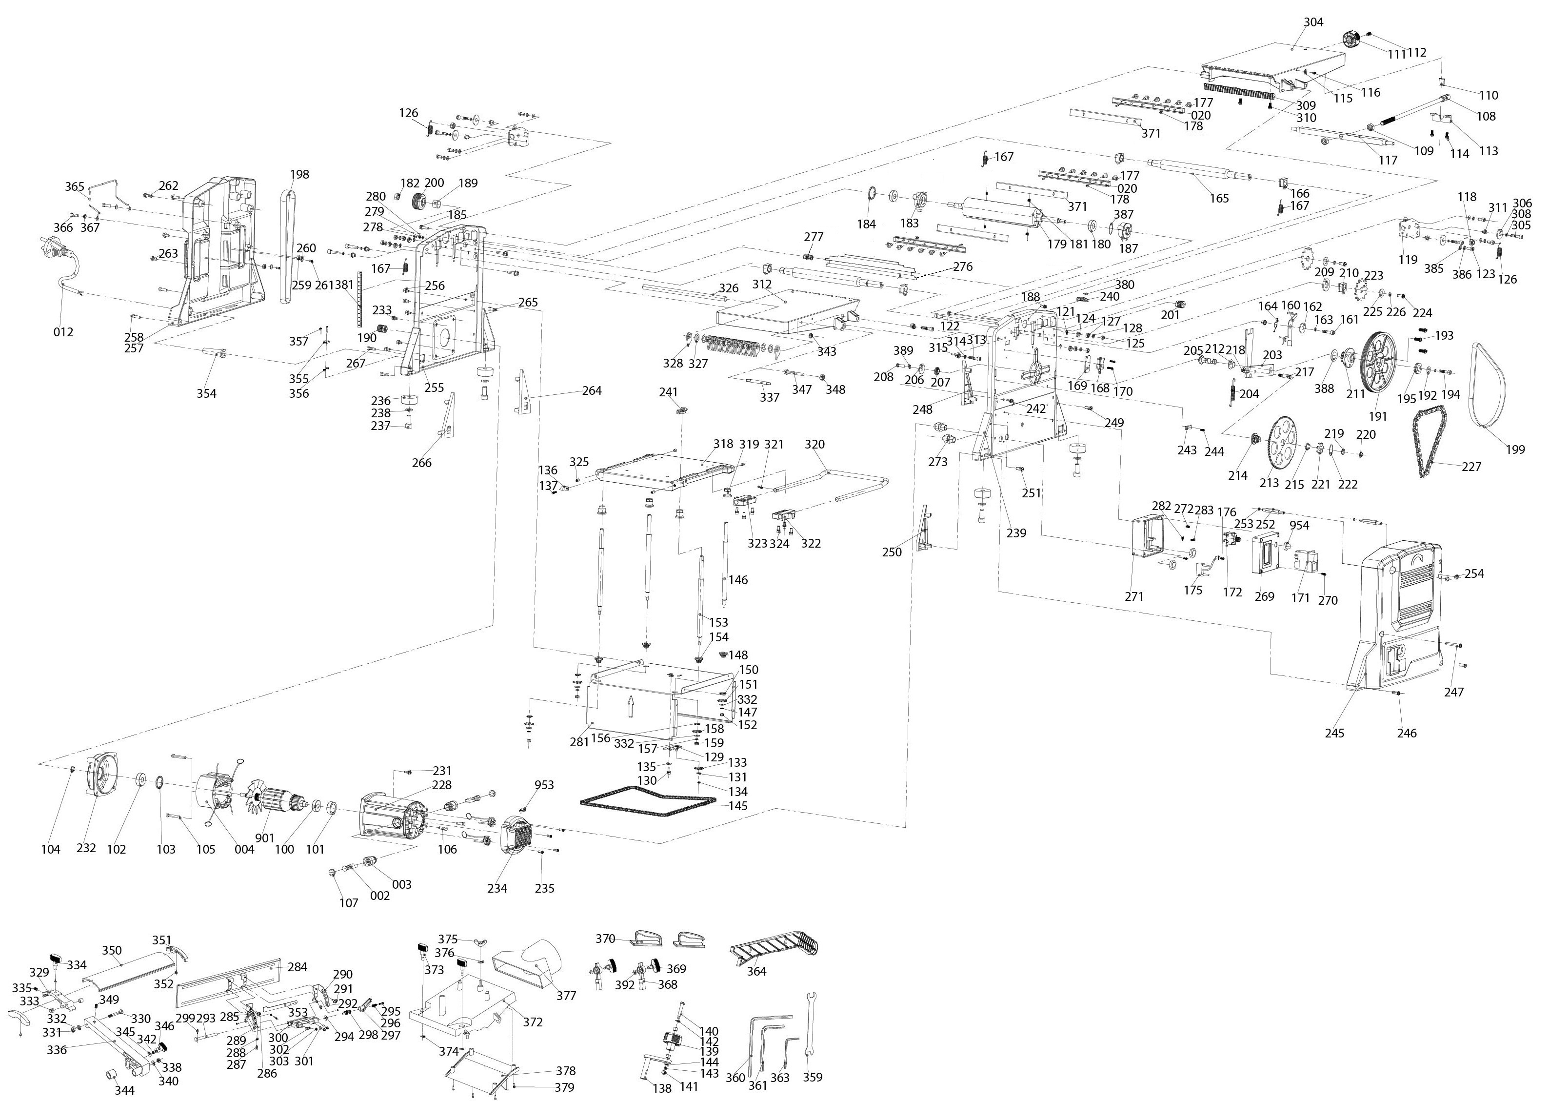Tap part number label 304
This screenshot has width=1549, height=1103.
[1313, 22]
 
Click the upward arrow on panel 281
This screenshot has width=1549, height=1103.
[631, 706]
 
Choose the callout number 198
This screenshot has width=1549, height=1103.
[299, 175]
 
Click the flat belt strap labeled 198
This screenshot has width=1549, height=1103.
[287, 245]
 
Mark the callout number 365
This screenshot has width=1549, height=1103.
[75, 187]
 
